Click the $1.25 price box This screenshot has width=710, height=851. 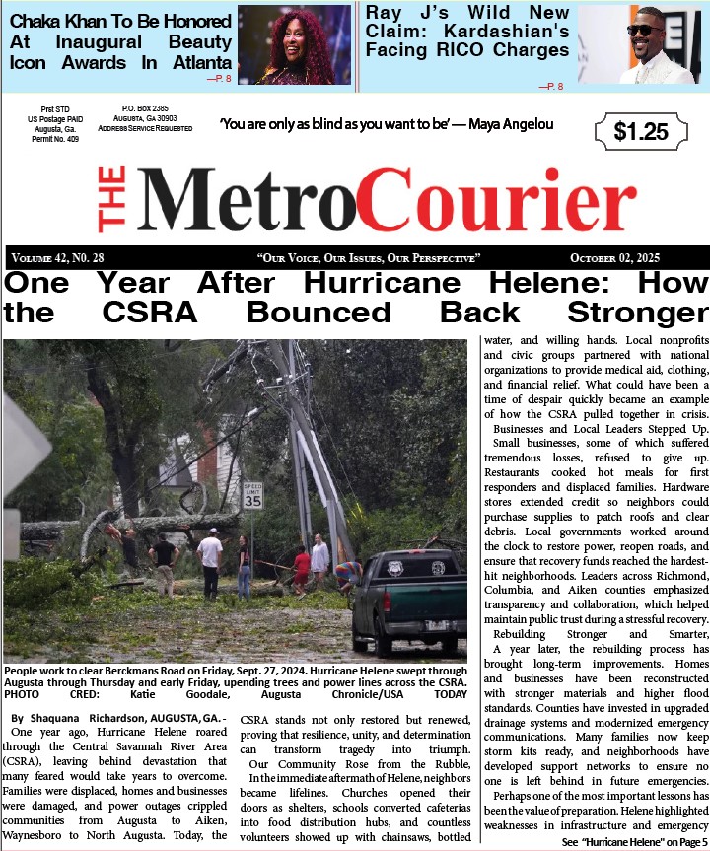click(640, 132)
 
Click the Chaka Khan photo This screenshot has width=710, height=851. click(294, 44)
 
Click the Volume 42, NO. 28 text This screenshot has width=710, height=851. click(57, 258)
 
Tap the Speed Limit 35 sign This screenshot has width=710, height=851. click(252, 495)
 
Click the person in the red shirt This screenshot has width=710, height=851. click(302, 568)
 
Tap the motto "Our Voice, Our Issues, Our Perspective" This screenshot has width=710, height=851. click(368, 258)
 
